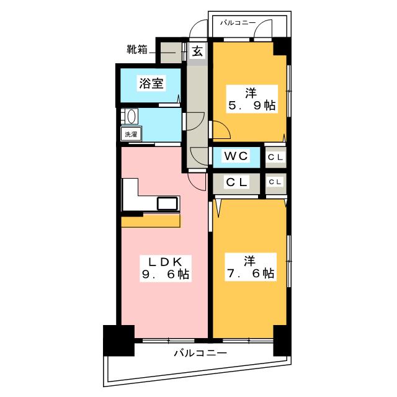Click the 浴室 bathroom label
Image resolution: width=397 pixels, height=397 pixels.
tap(151, 84)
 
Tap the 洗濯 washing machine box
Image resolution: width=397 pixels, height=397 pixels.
tap(131, 134)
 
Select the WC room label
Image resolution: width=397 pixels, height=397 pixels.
tap(236, 157)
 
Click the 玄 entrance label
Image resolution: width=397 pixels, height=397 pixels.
tap(197, 51)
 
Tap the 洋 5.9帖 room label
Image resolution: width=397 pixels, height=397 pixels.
tap(250, 99)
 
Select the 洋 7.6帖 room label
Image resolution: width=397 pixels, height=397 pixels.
tap(250, 266)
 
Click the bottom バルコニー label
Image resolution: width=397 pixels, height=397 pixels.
tap(200, 353)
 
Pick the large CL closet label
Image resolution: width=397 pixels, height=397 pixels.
tap(236, 183)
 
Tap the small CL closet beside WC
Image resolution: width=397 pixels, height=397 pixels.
tap(275, 158)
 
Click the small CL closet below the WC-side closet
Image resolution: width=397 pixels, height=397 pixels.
tap(275, 182)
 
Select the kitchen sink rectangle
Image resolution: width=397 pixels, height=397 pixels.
tap(167, 203)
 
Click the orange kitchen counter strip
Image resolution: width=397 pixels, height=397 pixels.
tap(151, 221)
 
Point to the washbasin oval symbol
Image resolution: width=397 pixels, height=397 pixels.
tap(130, 117)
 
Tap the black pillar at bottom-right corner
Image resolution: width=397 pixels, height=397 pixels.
tap(280, 339)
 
